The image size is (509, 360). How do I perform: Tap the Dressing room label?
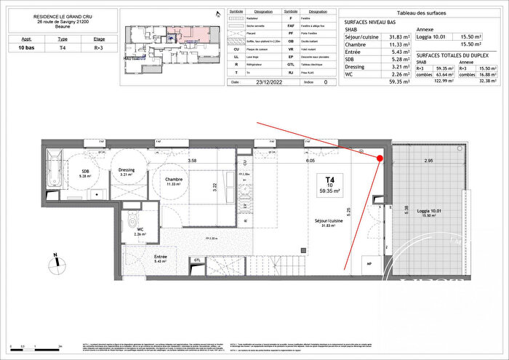point(127,172)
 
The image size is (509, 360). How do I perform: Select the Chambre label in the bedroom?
point(172,181)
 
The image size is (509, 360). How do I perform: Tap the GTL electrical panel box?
point(197,260)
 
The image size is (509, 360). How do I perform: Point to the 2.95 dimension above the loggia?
point(429,160)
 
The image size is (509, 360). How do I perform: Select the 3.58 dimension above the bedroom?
point(192,160)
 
